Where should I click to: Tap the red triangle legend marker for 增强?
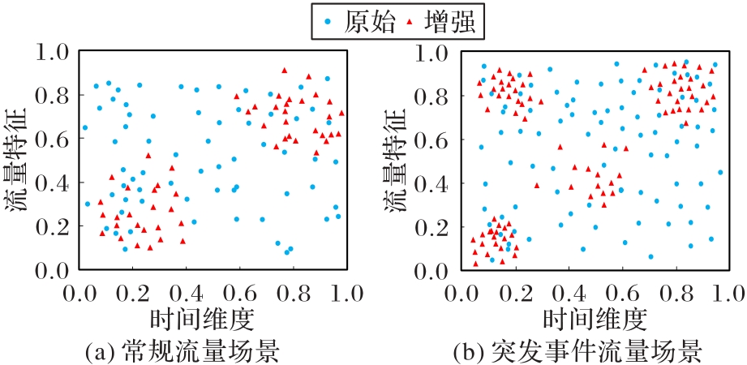pos(410,21)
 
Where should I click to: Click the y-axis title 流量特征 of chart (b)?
pos(398,161)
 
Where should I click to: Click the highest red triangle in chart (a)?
pos(285,71)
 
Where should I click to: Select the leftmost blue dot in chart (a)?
pos(85,127)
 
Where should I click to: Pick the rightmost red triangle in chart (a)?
pos(341,113)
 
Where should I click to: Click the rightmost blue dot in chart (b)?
pos(720,173)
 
